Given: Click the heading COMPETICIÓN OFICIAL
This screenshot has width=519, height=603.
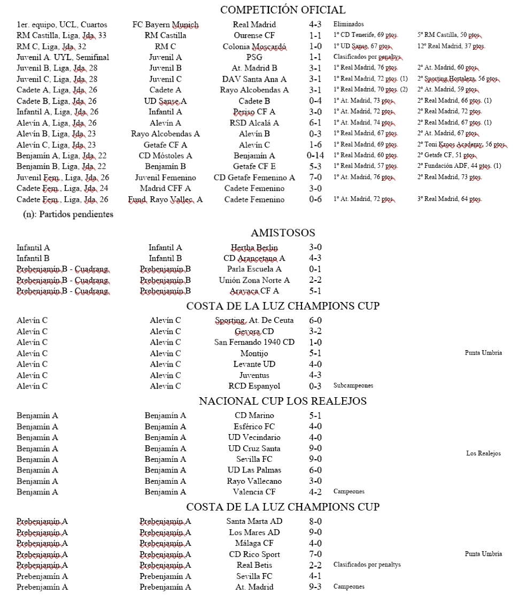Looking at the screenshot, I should [x=283, y=10].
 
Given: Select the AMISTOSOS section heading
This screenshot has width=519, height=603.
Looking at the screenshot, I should [x=283, y=233].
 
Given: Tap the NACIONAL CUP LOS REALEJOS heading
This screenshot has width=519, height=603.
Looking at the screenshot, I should [x=283, y=401].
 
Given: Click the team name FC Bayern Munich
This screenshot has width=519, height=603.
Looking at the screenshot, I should [x=165, y=25].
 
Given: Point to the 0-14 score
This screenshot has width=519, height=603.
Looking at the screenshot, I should [x=315, y=156].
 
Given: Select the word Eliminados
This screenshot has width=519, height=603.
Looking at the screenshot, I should [x=348, y=25].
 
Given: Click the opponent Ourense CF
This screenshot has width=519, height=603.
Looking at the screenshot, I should [x=254, y=35].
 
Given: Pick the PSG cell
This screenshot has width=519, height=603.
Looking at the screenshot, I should [x=254, y=57].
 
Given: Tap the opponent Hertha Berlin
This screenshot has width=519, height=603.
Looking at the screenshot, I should [x=254, y=248].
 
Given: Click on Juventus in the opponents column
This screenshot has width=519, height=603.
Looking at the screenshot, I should [x=254, y=375].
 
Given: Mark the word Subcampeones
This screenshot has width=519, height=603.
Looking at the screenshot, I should [x=353, y=386].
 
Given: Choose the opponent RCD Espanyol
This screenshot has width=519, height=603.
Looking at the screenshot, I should [x=254, y=386].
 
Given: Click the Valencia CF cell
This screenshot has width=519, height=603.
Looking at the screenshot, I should [x=254, y=492].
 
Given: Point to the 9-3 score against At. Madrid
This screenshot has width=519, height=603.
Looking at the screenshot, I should [x=315, y=587].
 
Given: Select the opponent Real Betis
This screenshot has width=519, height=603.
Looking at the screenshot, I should [x=254, y=565].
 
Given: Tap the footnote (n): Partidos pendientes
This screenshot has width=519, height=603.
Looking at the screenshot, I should [x=68, y=214].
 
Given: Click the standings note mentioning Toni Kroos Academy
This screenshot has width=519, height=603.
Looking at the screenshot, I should [x=461, y=144].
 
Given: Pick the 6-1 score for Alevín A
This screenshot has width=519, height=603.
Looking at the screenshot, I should [x=315, y=123].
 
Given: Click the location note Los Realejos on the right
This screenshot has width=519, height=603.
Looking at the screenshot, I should [x=483, y=453].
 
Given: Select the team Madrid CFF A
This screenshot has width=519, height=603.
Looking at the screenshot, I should [x=165, y=188].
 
